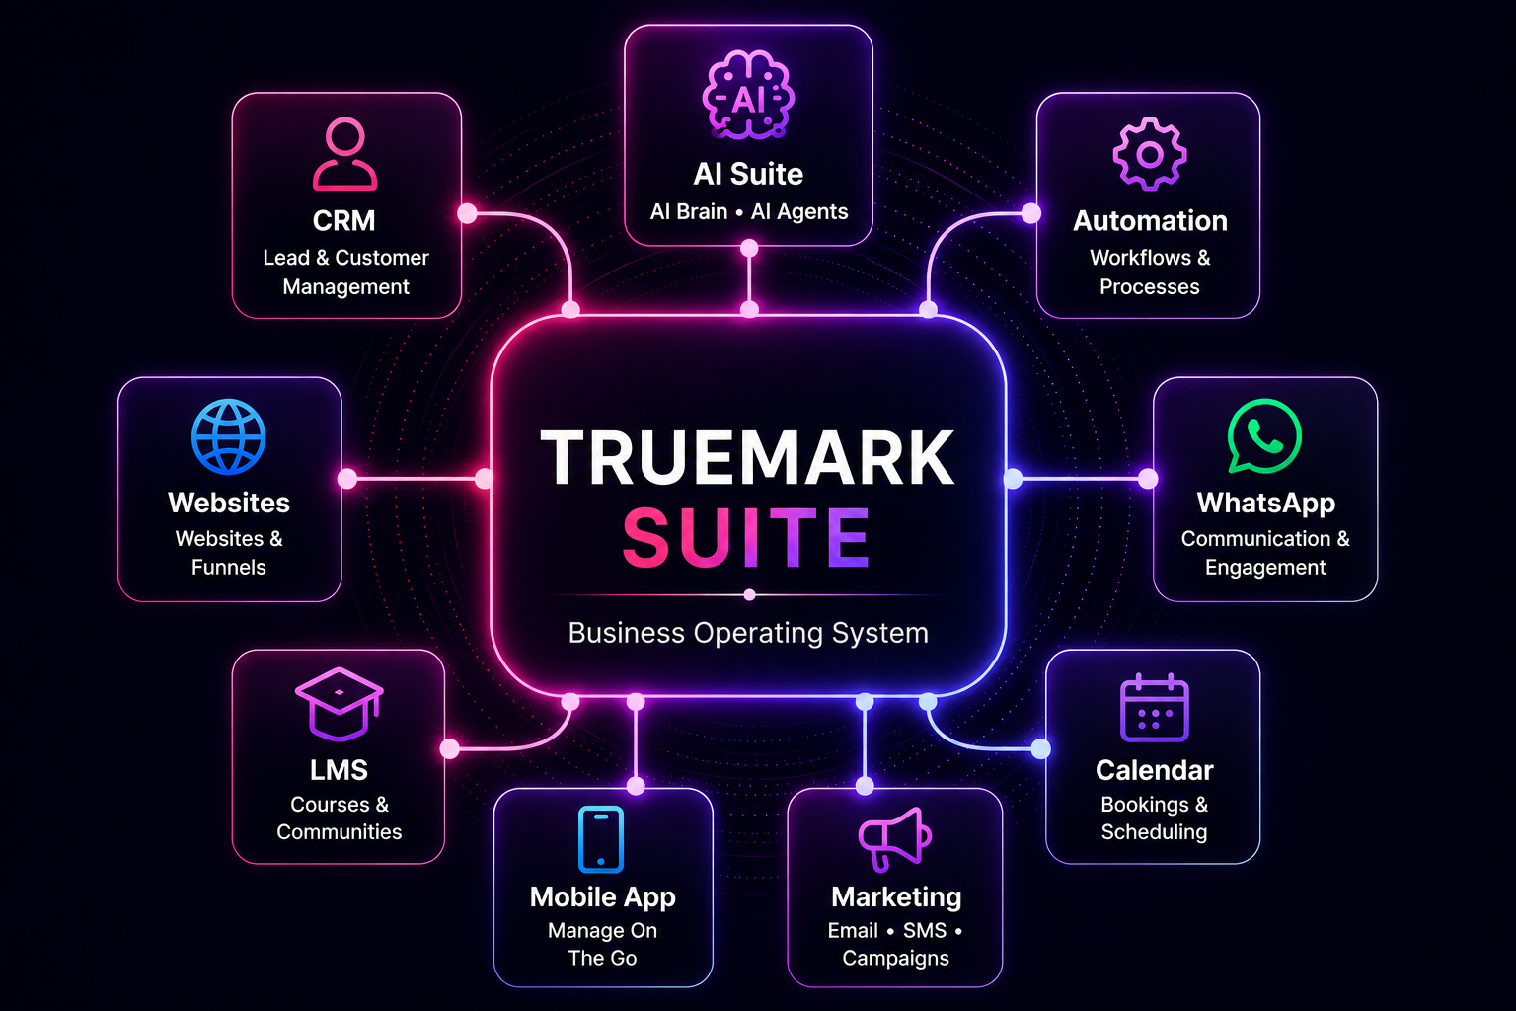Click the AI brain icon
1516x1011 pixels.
pyautogui.click(x=748, y=95)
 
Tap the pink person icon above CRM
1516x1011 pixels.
pyautogui.click(x=344, y=153)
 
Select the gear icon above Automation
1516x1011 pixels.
pyautogui.click(x=1149, y=154)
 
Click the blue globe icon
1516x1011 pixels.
pyautogui.click(x=229, y=436)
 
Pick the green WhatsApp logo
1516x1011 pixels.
pyautogui.click(x=1263, y=436)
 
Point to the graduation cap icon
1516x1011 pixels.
pyautogui.click(x=340, y=704)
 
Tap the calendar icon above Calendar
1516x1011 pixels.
pyautogui.click(x=1154, y=708)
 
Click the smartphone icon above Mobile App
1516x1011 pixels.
pyautogui.click(x=601, y=839)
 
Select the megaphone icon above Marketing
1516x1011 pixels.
pyautogui.click(x=895, y=838)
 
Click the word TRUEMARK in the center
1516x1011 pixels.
pyautogui.click(x=748, y=458)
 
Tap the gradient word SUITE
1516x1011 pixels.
pyautogui.click(x=746, y=538)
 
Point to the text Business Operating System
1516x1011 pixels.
pyautogui.click(x=748, y=633)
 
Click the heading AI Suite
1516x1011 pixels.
pyautogui.click(x=748, y=174)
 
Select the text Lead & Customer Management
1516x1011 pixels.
pyautogui.click(x=345, y=272)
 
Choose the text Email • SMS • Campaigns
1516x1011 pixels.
pyautogui.click(x=895, y=944)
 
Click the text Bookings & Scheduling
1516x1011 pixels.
pyautogui.click(x=1154, y=817)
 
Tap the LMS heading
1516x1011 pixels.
pyautogui.click(x=340, y=770)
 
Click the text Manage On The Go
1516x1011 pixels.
pyautogui.click(x=602, y=944)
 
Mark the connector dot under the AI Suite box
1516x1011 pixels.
pyautogui.click(x=748, y=249)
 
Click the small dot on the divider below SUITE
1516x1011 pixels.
pyautogui.click(x=749, y=595)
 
